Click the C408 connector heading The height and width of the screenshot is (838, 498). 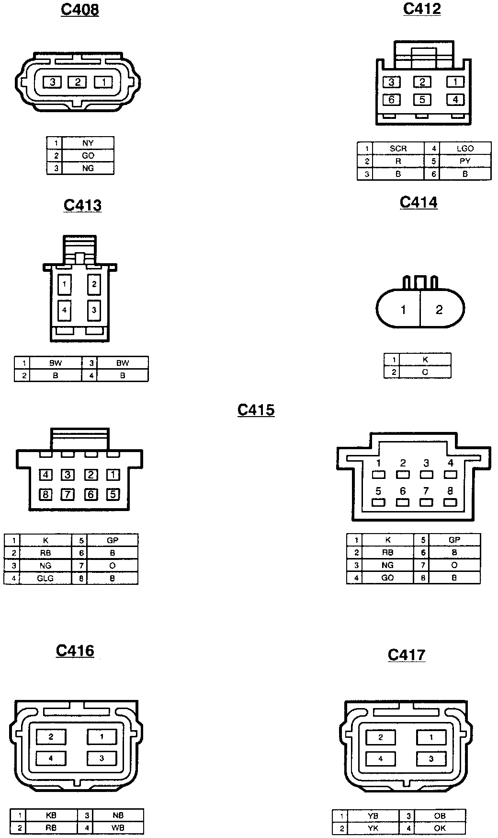[80, 10]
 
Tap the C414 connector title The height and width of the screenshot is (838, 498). [419, 203]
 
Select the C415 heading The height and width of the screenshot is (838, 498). [256, 410]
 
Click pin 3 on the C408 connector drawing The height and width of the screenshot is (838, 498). [52, 82]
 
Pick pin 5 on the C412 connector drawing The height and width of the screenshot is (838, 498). [422, 100]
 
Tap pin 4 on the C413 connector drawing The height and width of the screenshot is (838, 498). [64, 310]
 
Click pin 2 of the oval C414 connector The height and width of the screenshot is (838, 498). [439, 310]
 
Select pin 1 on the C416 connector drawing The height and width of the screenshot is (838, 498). [102, 737]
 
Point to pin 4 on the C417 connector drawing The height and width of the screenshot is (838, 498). [381, 759]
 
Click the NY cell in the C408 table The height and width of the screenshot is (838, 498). [88, 143]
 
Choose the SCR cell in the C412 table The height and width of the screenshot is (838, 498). [398, 149]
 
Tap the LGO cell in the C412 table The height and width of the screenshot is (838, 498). [465, 149]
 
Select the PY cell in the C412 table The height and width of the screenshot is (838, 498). [465, 161]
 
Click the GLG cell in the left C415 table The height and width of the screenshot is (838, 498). [45, 578]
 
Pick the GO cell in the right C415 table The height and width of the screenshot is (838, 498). [387, 578]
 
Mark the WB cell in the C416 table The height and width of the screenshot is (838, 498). [118, 827]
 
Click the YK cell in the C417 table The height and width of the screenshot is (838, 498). [373, 828]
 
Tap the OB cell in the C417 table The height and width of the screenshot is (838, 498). [440, 815]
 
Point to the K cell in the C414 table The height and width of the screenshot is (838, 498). [425, 359]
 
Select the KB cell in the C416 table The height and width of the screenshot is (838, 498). [51, 815]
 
